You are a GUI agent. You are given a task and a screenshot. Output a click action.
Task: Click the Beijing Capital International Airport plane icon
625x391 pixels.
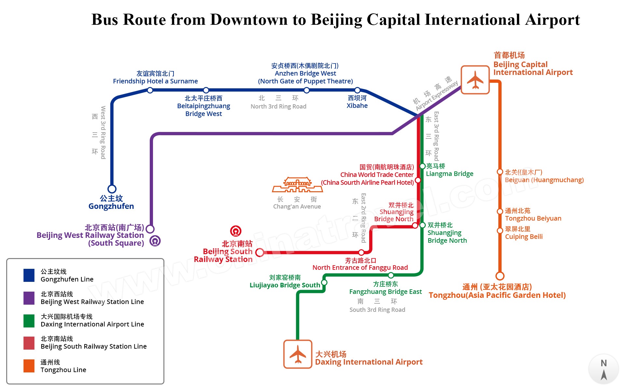coord(475,80)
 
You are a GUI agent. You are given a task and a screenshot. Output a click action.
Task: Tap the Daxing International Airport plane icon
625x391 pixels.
coord(298,354)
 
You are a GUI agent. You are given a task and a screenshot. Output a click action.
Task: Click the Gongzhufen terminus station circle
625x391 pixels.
coord(112,189)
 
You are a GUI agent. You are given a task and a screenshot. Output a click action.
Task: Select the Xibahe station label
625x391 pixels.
coord(357,102)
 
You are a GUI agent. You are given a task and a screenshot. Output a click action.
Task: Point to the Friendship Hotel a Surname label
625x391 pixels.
coord(155,81)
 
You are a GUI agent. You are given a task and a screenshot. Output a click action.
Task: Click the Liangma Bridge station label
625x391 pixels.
coord(449,174)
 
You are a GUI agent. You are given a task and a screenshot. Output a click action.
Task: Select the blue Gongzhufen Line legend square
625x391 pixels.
coord(29,275)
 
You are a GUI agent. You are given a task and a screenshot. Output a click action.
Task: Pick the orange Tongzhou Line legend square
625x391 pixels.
coord(29,366)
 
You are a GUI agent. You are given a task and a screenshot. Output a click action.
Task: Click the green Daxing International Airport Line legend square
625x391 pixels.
coord(29,321)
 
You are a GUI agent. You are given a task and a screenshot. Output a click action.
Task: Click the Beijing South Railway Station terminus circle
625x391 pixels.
coord(260,252)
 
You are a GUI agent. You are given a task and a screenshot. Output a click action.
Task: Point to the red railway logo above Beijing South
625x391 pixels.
coord(236,231)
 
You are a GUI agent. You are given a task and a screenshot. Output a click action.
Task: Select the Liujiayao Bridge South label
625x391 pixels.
coord(285,285)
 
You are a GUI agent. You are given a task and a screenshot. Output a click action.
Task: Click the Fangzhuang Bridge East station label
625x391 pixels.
coord(385,292)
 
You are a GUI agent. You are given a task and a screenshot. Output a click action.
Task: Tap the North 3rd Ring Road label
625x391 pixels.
coord(278,106)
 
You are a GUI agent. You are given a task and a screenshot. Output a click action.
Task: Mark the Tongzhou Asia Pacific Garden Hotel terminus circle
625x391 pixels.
coord(500,276)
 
